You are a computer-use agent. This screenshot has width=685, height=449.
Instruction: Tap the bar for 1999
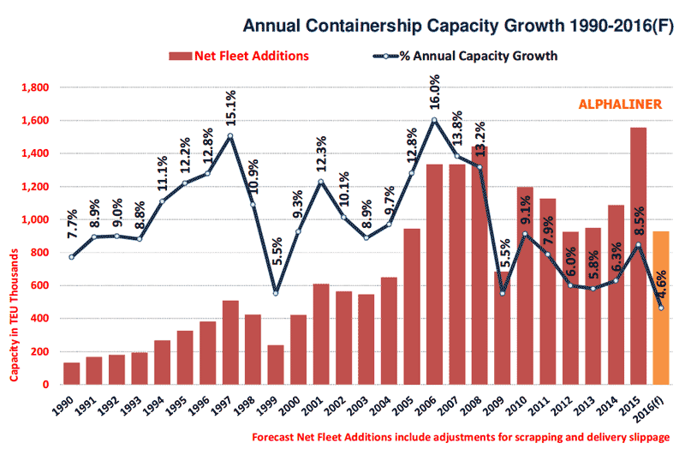click(275, 365)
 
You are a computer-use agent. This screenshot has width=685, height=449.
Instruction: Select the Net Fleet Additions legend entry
click(239, 57)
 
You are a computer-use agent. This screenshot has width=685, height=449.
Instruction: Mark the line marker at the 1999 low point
click(275, 293)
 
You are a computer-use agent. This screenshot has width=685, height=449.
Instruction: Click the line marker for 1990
click(72, 257)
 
